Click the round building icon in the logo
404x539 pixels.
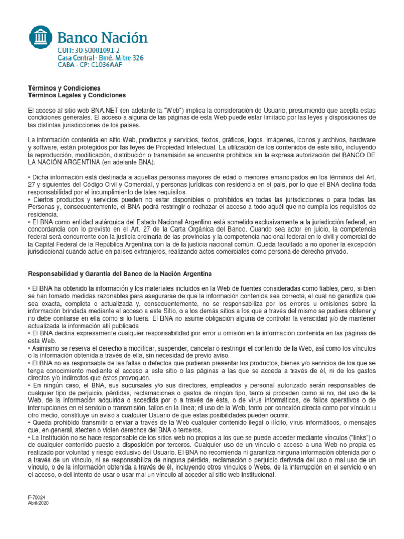tap(41, 37)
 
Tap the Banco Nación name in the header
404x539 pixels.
tap(102, 37)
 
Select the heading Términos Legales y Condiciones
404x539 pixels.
tap(77, 95)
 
